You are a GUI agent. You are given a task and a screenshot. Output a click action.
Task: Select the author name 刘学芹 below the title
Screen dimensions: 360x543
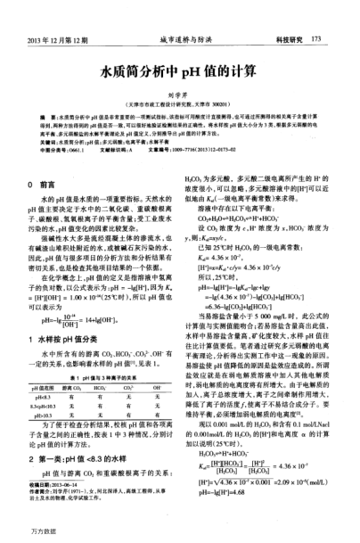point(179,91)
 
